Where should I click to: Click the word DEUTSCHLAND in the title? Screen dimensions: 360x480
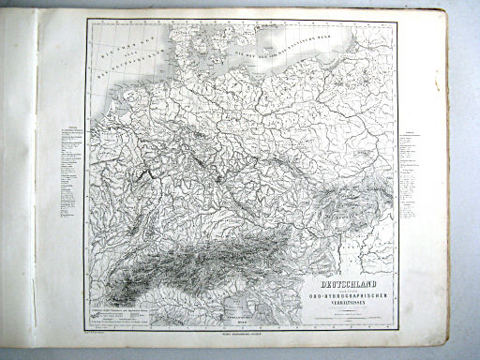tap(348, 279)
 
